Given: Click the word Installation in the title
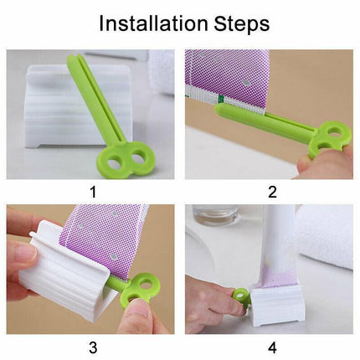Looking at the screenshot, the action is [153, 23].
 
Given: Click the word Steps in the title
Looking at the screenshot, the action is [242, 24].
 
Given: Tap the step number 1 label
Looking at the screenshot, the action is [93, 192].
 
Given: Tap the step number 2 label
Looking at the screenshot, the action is [272, 192].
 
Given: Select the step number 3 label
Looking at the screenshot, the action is [93, 347].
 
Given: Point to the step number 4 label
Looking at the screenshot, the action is [272, 347].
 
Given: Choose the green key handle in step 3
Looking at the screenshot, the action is [137, 290].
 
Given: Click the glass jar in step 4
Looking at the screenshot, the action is [215, 215].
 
